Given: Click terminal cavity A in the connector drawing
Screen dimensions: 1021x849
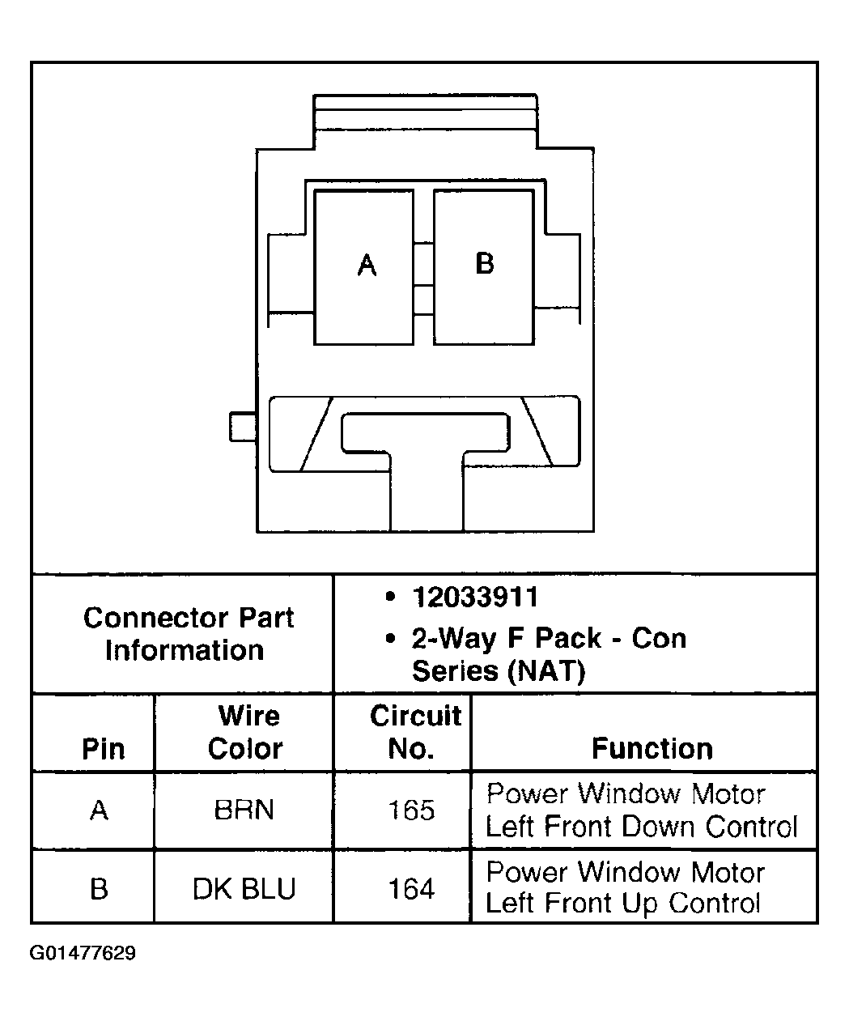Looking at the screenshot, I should click(363, 266).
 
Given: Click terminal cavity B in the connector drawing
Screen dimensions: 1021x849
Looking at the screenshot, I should click(484, 266).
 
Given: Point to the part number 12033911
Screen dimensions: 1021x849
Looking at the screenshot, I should click(475, 598).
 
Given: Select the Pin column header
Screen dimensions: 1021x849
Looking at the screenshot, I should click(104, 748).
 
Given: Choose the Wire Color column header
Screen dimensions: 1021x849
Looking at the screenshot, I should click(244, 732).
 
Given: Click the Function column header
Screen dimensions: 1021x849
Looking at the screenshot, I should click(652, 748).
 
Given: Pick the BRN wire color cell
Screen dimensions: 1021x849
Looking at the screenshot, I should click(244, 810).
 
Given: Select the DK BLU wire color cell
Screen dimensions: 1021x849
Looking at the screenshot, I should click(244, 889).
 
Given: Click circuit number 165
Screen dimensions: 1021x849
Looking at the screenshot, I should click(412, 810).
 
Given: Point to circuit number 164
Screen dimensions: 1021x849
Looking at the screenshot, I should click(412, 889).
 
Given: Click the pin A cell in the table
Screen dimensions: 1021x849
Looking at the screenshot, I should click(99, 810).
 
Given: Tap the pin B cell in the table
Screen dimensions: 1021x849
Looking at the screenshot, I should click(99, 889).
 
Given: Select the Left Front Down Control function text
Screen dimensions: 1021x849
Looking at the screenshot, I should click(641, 827).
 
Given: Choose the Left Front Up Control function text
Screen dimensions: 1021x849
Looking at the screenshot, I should click(623, 904).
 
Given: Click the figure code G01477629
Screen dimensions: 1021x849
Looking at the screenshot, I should click(83, 953).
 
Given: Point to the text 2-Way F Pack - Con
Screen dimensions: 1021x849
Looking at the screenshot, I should click(549, 638).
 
